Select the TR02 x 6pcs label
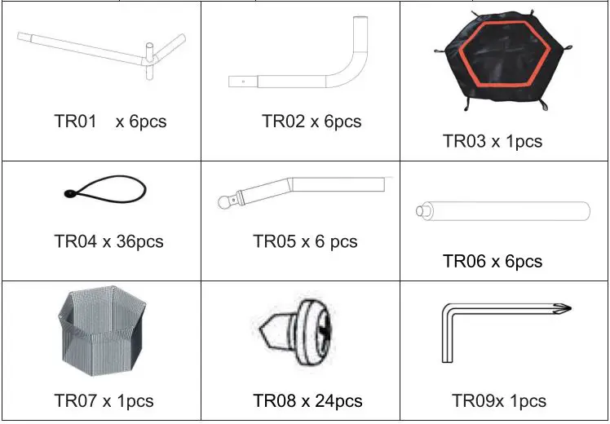click(x=311, y=121)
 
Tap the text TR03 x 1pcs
click(x=492, y=141)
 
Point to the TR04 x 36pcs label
click(x=108, y=241)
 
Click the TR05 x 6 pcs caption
click(x=305, y=241)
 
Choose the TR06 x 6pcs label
click(x=492, y=261)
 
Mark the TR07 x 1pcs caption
click(x=104, y=400)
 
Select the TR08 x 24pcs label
click(x=307, y=400)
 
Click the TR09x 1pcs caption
click(x=498, y=400)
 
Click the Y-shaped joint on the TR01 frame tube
click(x=150, y=59)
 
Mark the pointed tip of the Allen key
click(x=568, y=308)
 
